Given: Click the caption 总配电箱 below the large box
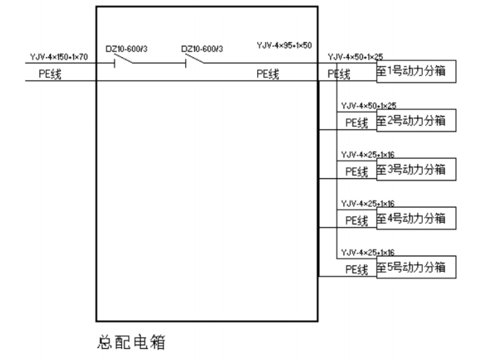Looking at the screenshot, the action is click(131, 342).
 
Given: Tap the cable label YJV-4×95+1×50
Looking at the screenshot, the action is click(284, 46).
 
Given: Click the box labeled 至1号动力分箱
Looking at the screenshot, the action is click(416, 71).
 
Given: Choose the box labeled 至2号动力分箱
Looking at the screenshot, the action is click(416, 120).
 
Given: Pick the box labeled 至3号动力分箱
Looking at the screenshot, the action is click(416, 169).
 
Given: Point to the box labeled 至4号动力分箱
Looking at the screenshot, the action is click(416, 218).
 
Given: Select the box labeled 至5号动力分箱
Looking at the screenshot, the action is click(416, 267).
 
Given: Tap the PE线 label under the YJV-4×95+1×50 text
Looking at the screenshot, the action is click(268, 74).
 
